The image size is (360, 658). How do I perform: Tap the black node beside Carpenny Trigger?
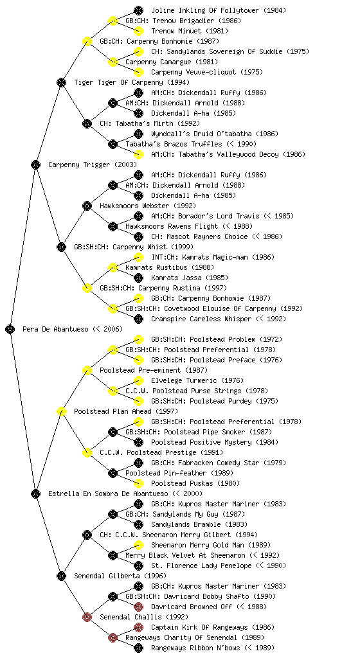(x=35, y=164)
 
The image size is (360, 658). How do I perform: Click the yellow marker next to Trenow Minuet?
(x=138, y=31)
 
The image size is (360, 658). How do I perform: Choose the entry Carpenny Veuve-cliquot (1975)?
(x=207, y=72)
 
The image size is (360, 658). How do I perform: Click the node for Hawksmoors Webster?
(x=87, y=206)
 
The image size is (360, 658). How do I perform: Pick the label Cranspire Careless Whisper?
(x=201, y=319)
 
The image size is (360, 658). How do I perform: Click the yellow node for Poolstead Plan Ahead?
(x=61, y=411)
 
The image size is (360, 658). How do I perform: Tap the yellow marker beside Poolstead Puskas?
(x=138, y=483)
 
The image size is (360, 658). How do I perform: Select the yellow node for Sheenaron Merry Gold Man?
(x=138, y=545)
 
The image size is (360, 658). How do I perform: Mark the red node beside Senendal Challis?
(x=87, y=617)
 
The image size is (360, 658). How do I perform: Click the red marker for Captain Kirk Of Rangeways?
(x=138, y=627)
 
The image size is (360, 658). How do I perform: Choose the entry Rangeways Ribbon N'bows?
(x=195, y=648)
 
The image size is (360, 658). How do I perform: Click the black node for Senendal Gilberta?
(x=61, y=576)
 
